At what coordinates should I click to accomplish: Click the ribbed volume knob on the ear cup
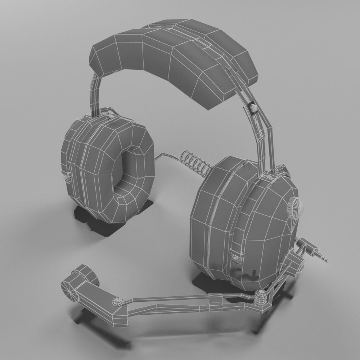pyautogui.click(x=295, y=208)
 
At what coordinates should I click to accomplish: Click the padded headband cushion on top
pyautogui.click(x=173, y=58)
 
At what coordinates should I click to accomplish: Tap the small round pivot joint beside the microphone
pyautogui.click(x=118, y=302)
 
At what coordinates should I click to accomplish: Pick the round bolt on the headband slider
pyautogui.click(x=253, y=108)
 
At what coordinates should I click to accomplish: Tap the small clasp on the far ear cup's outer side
pyautogui.click(x=66, y=176)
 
